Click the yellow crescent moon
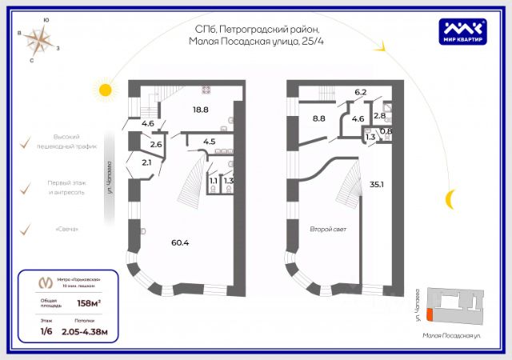(451, 197)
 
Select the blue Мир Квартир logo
(465, 30)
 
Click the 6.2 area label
(360, 93)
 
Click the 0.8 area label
(386, 131)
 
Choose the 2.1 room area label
(146, 163)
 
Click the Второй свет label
(326, 230)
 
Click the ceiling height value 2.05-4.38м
(85, 330)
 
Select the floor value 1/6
(47, 330)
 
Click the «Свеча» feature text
(67, 230)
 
